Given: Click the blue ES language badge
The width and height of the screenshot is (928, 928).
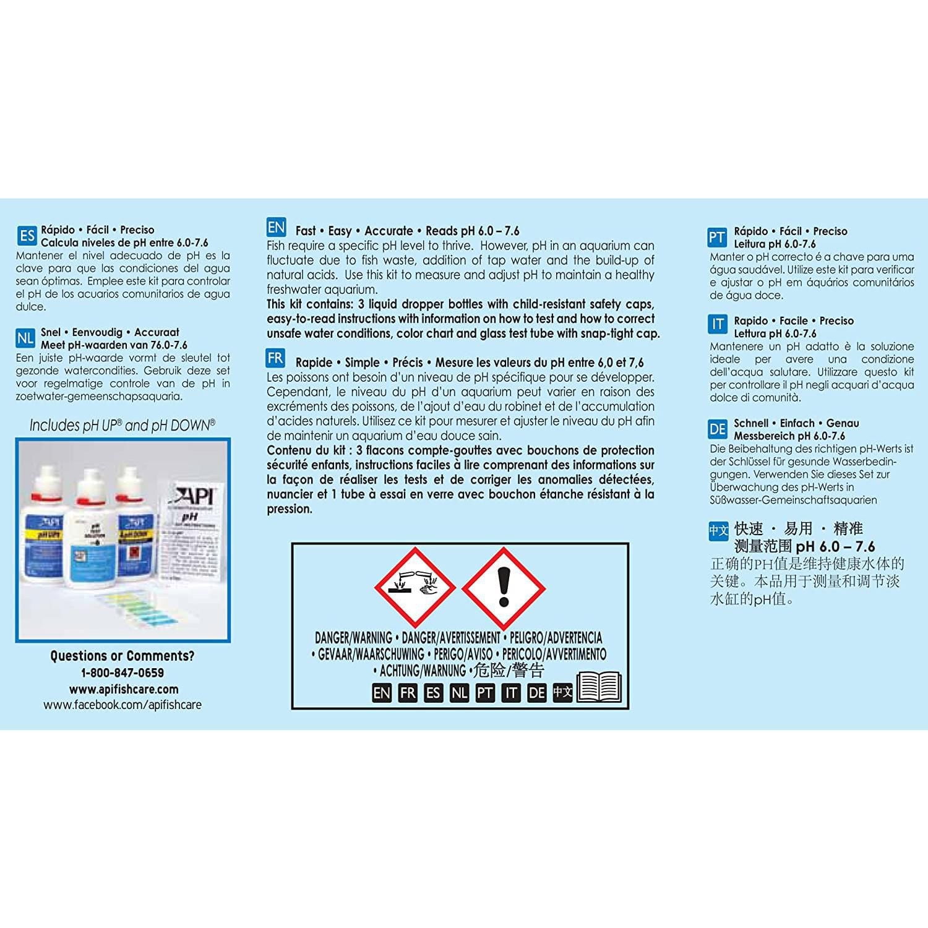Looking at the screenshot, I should [27, 236].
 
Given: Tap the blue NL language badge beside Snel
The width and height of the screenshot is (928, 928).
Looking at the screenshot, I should [25, 338].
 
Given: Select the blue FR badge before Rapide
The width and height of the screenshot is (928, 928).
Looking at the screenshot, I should [276, 358].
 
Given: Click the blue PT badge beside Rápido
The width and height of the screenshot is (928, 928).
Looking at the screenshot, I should [717, 238].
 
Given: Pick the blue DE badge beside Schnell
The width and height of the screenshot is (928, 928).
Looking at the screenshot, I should [718, 429].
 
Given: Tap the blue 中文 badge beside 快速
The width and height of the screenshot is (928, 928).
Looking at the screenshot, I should [718, 531].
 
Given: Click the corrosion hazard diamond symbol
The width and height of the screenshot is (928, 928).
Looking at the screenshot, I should [415, 586].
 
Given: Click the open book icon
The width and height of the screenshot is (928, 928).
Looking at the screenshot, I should [598, 687].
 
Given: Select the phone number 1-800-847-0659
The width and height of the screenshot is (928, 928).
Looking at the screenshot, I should [122, 673].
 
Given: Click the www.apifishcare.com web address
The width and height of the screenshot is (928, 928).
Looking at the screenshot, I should [123, 689].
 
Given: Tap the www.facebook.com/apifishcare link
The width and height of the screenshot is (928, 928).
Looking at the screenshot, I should [122, 705].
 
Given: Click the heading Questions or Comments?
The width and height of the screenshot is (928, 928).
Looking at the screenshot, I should [122, 656].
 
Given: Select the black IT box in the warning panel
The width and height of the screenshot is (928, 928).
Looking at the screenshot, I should [510, 693].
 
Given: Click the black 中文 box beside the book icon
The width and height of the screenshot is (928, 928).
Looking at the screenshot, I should [562, 692].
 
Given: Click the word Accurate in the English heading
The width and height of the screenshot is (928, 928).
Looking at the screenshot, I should [389, 231].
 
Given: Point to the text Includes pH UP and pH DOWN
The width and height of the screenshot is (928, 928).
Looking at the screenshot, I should [122, 426].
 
